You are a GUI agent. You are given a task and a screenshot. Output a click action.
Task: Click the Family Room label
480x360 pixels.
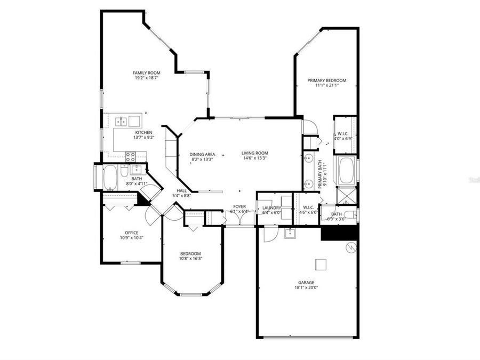click(147, 73)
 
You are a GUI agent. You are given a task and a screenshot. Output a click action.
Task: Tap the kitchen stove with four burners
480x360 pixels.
click(130, 156)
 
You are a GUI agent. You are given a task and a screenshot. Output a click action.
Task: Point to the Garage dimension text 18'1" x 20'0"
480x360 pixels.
click(306, 289)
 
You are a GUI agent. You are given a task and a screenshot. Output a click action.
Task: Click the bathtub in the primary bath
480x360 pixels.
click(346, 171)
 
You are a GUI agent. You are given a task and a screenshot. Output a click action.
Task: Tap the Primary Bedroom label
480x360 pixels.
click(326, 81)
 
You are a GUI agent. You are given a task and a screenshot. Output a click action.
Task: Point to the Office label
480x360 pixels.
click(132, 233)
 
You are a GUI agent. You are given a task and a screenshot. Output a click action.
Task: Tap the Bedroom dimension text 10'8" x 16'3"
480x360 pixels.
click(190, 259)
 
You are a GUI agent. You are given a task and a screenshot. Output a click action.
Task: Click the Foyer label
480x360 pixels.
click(239, 206)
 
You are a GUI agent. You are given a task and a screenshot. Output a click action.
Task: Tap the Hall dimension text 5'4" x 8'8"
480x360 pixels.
click(182, 196)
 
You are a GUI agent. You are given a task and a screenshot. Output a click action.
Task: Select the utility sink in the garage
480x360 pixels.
click(290, 233)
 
